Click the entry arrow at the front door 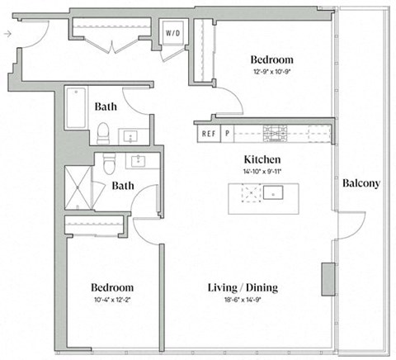click(7, 34)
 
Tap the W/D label click(174, 34)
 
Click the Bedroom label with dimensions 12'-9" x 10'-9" click(271, 60)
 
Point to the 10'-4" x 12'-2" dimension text click(111, 301)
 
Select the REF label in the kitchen click(208, 132)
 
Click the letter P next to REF click(227, 132)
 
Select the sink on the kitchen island click(274, 194)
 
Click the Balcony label click(361, 183)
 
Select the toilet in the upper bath click(103, 132)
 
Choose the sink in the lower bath click(137, 160)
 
